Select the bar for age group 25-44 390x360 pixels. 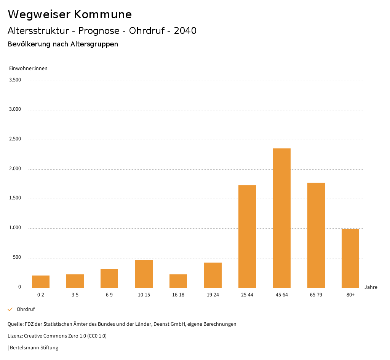click(x=247, y=236)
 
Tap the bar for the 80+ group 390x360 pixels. click(x=350, y=258)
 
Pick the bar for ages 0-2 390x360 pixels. click(x=41, y=282)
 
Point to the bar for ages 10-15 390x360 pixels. click(x=144, y=274)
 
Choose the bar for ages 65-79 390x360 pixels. click(x=316, y=235)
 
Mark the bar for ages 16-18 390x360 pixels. click(x=178, y=281)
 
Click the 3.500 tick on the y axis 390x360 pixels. click(x=15, y=80)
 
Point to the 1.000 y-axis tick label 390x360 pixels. click(x=15, y=228)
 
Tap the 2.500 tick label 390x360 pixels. click(x=15, y=139)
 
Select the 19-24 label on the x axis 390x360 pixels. click(x=213, y=295)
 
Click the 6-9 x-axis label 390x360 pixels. click(x=109, y=295)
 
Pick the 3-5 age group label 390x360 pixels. click(x=75, y=295)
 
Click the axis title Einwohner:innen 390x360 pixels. click(x=28, y=68)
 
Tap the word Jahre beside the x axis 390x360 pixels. click(x=371, y=287)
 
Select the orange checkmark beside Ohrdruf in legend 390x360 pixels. click(x=10, y=309)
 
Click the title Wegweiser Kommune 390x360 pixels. click(x=70, y=14)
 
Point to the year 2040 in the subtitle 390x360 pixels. click(x=185, y=31)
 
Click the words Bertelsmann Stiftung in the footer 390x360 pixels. click(x=34, y=347)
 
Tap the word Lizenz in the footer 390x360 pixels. click(x=15, y=336)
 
